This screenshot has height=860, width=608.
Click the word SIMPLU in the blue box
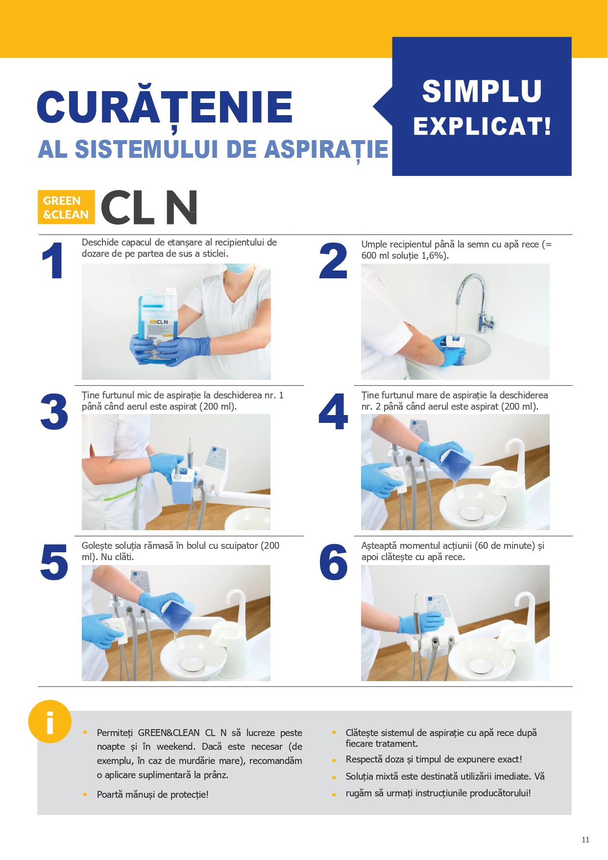click(482, 91)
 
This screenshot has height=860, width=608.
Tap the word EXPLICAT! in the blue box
click(482, 126)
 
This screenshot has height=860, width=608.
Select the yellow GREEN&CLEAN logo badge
click(66, 207)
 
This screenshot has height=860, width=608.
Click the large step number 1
click(52, 261)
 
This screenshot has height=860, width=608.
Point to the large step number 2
click(333, 261)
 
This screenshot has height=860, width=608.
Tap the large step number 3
click(54, 412)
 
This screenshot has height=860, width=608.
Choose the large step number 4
click(333, 412)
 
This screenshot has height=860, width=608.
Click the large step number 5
click(54, 563)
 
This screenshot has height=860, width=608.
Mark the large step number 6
click(333, 562)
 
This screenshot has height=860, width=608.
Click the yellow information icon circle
click(50, 721)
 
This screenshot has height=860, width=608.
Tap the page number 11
click(585, 839)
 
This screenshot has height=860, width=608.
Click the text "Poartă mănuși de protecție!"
click(153, 794)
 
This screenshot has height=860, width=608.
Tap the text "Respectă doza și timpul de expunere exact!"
click(434, 760)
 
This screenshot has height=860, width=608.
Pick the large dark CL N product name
click(149, 207)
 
